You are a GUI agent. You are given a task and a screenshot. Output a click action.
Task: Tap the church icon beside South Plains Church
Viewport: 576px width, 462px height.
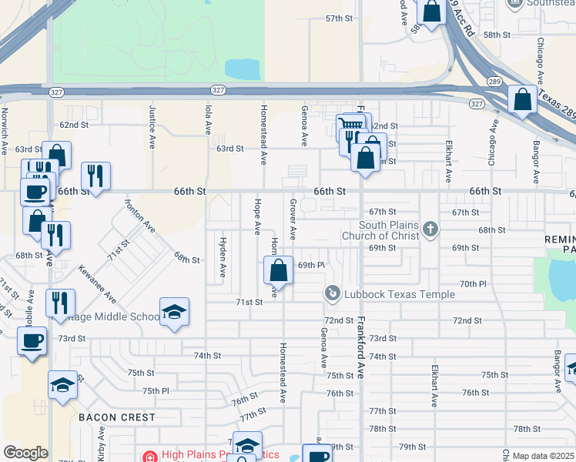coord(430,229)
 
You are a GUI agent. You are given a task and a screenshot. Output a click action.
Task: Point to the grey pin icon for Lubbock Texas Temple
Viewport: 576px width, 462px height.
coord(332,293)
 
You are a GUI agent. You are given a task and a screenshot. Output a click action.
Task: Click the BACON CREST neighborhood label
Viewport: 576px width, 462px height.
coord(116,417)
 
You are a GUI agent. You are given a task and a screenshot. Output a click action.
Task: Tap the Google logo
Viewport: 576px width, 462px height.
coord(25,453)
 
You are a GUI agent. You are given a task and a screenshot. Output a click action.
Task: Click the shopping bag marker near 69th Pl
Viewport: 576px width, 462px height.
coord(279,270)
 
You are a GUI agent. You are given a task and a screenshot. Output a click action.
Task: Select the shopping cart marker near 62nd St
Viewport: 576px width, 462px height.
coord(350,126)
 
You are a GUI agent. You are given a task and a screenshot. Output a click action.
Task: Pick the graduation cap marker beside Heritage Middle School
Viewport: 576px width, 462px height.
coord(174,312)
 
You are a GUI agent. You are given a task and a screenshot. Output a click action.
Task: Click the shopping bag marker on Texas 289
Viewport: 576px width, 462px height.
coord(522,99)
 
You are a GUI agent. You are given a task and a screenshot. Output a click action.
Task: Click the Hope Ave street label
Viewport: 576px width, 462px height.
coord(256,216)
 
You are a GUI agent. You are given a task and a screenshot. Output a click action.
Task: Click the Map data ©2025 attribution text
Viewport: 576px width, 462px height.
coord(543,456)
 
